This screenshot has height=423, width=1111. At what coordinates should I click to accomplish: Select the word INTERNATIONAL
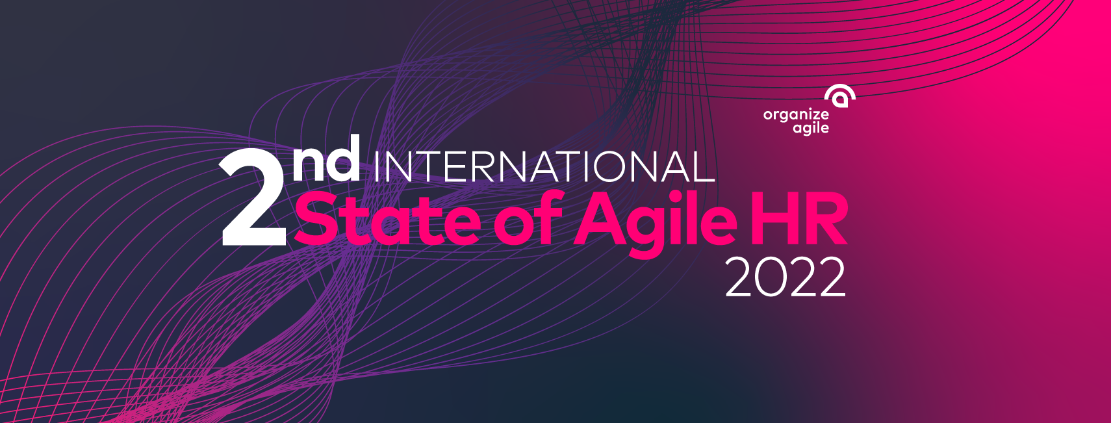pyautogui.click(x=544, y=166)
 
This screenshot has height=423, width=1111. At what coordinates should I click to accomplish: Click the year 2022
pyautogui.click(x=785, y=277)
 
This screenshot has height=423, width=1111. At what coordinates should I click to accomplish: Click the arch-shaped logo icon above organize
pyautogui.click(x=839, y=96)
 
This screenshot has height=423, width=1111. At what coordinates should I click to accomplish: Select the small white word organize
pyautogui.click(x=795, y=116)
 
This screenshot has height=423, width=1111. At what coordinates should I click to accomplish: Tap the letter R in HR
pyautogui.click(x=825, y=219)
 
